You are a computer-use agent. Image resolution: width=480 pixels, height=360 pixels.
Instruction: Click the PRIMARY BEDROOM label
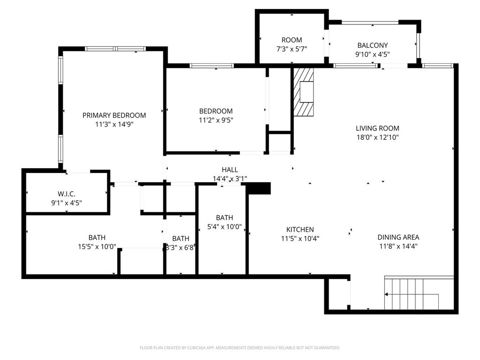pyautogui.click(x=114, y=115)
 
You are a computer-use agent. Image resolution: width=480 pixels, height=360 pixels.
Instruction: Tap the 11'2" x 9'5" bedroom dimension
pyautogui.click(x=216, y=120)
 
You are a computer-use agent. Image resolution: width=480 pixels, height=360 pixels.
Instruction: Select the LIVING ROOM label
pyautogui.click(x=377, y=128)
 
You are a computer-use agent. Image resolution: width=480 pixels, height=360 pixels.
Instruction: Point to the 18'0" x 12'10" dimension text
pyautogui.click(x=377, y=137)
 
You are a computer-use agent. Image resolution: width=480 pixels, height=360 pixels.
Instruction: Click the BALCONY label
pyautogui.click(x=373, y=45)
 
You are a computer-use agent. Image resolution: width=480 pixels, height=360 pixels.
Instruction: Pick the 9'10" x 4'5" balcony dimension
pyautogui.click(x=373, y=54)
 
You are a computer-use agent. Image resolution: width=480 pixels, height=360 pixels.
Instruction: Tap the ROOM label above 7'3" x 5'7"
pyautogui.click(x=292, y=40)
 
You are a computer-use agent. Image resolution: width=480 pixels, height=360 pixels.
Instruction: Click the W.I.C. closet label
pyautogui.click(x=67, y=194)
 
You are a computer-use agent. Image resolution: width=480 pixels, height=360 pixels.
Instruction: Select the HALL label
pyautogui.click(x=230, y=170)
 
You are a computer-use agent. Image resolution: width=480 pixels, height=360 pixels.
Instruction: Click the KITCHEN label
pyautogui.click(x=300, y=230)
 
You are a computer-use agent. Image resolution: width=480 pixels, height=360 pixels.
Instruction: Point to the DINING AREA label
pyautogui.click(x=398, y=237)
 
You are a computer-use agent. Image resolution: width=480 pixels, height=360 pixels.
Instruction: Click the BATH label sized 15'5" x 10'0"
pyautogui.click(x=97, y=238)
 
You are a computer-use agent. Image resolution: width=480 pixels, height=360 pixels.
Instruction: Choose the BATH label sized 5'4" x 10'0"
pyautogui.click(x=225, y=217)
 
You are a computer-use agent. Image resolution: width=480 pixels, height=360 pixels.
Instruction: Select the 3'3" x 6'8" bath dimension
pyautogui.click(x=180, y=247)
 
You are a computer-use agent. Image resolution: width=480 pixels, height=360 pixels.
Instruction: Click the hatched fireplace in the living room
pyautogui.click(x=303, y=92)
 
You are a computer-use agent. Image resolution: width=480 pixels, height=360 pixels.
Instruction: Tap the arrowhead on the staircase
pyautogui.click(x=386, y=294)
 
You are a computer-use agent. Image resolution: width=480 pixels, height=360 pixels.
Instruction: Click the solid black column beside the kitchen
pyautogui.click(x=259, y=188)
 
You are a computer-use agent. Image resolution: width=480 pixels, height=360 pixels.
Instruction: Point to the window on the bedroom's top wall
pyautogui.click(x=211, y=66)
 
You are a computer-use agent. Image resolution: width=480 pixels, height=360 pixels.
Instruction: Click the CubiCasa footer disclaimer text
pyautogui.click(x=240, y=348)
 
